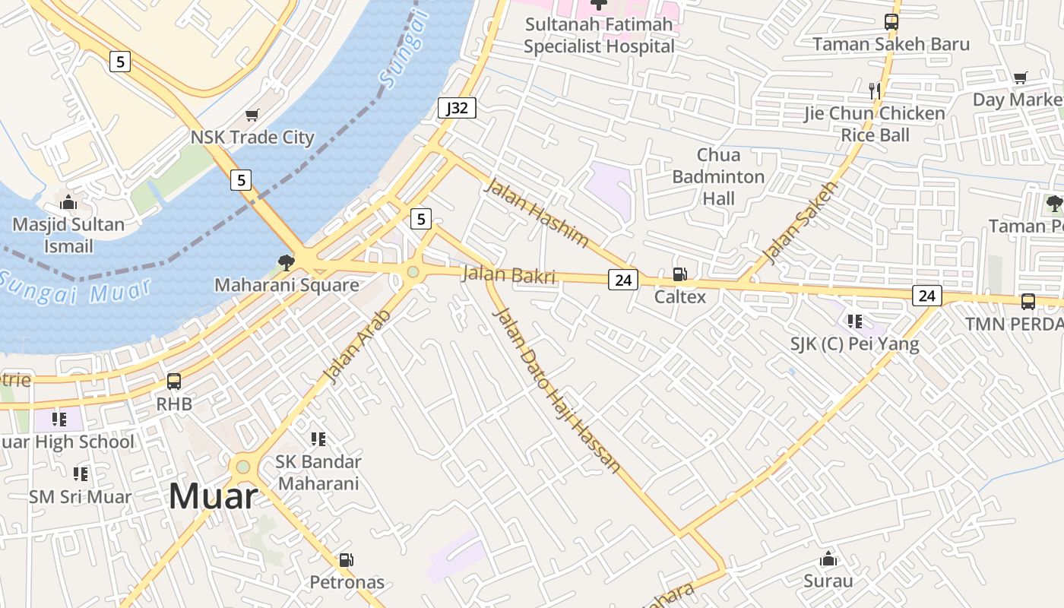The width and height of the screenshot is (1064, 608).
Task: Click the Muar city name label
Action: click(213, 496)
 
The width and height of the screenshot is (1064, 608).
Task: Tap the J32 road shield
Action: click(457, 108)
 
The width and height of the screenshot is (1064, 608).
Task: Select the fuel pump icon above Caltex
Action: click(679, 274)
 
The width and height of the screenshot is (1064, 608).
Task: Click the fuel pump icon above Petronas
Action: click(346, 560)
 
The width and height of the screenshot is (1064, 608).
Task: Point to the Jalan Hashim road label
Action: click(537, 212)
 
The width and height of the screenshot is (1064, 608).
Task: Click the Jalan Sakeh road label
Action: click(800, 223)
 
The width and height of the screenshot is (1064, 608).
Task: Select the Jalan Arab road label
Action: click(356, 346)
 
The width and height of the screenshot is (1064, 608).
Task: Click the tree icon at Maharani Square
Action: click(286, 263)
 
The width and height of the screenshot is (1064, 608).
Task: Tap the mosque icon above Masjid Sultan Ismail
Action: click(68, 202)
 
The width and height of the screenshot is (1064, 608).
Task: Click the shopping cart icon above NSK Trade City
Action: click(252, 116)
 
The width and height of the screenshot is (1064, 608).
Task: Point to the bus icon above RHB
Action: click(174, 382)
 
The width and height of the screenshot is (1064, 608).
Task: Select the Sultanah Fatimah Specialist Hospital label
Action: click(599, 35)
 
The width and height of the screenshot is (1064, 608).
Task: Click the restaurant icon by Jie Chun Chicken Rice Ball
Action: click(874, 91)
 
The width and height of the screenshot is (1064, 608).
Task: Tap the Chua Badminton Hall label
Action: click(718, 176)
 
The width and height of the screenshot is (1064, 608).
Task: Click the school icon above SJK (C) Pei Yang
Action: click(855, 321)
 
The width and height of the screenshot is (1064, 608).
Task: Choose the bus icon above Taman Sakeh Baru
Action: click(891, 22)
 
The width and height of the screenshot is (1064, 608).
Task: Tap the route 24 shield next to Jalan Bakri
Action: click(622, 280)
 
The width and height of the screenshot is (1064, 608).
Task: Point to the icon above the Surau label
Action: click(828, 559)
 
